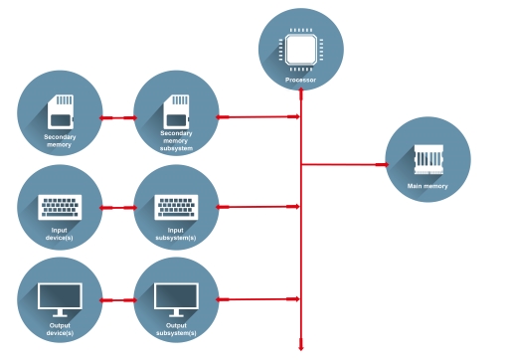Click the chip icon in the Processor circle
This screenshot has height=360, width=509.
coord(301,47)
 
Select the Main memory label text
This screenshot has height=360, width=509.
coord(427,186)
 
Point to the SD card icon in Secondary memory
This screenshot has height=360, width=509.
coord(61,107)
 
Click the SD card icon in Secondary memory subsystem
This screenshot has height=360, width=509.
coord(176,107)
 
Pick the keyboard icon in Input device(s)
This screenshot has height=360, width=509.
coord(61,207)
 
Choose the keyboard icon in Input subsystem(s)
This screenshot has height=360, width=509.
coord(176,207)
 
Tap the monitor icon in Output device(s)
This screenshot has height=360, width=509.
coord(61,297)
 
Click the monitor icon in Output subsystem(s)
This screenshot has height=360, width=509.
coord(176,297)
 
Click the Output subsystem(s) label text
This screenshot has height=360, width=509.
coord(176,328)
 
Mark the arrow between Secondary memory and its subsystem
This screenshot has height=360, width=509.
coord(118,117)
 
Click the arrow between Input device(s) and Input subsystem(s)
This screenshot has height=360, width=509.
coord(118,208)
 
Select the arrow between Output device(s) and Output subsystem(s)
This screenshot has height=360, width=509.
coord(118,299)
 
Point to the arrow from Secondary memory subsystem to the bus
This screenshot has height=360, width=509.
coord(258,116)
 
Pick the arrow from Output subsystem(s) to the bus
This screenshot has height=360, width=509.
coord(258,298)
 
